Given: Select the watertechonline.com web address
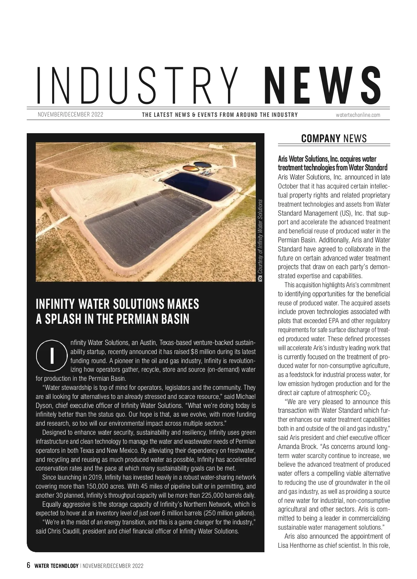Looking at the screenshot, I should pos(358,115).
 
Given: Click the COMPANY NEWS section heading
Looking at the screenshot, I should pos(334,139).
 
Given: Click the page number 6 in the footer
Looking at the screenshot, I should pos(29,565).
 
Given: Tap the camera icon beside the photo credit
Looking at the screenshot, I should pos(260,278).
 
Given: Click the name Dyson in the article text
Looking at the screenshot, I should pos(44,405).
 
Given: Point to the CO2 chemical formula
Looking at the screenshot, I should pos(365,393).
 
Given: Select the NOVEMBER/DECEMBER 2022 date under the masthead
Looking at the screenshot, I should pos(70,114).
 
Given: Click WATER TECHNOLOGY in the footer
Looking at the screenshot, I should pos(56,566).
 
